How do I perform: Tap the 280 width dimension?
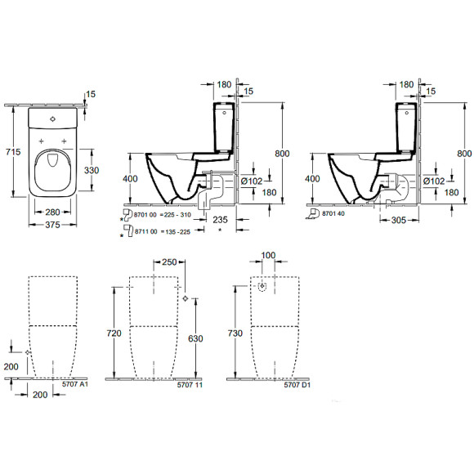coord(55,210)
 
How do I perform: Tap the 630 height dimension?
coord(195,338)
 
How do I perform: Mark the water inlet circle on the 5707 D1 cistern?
coord(263,288)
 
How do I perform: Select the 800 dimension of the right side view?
coord(463,153)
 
